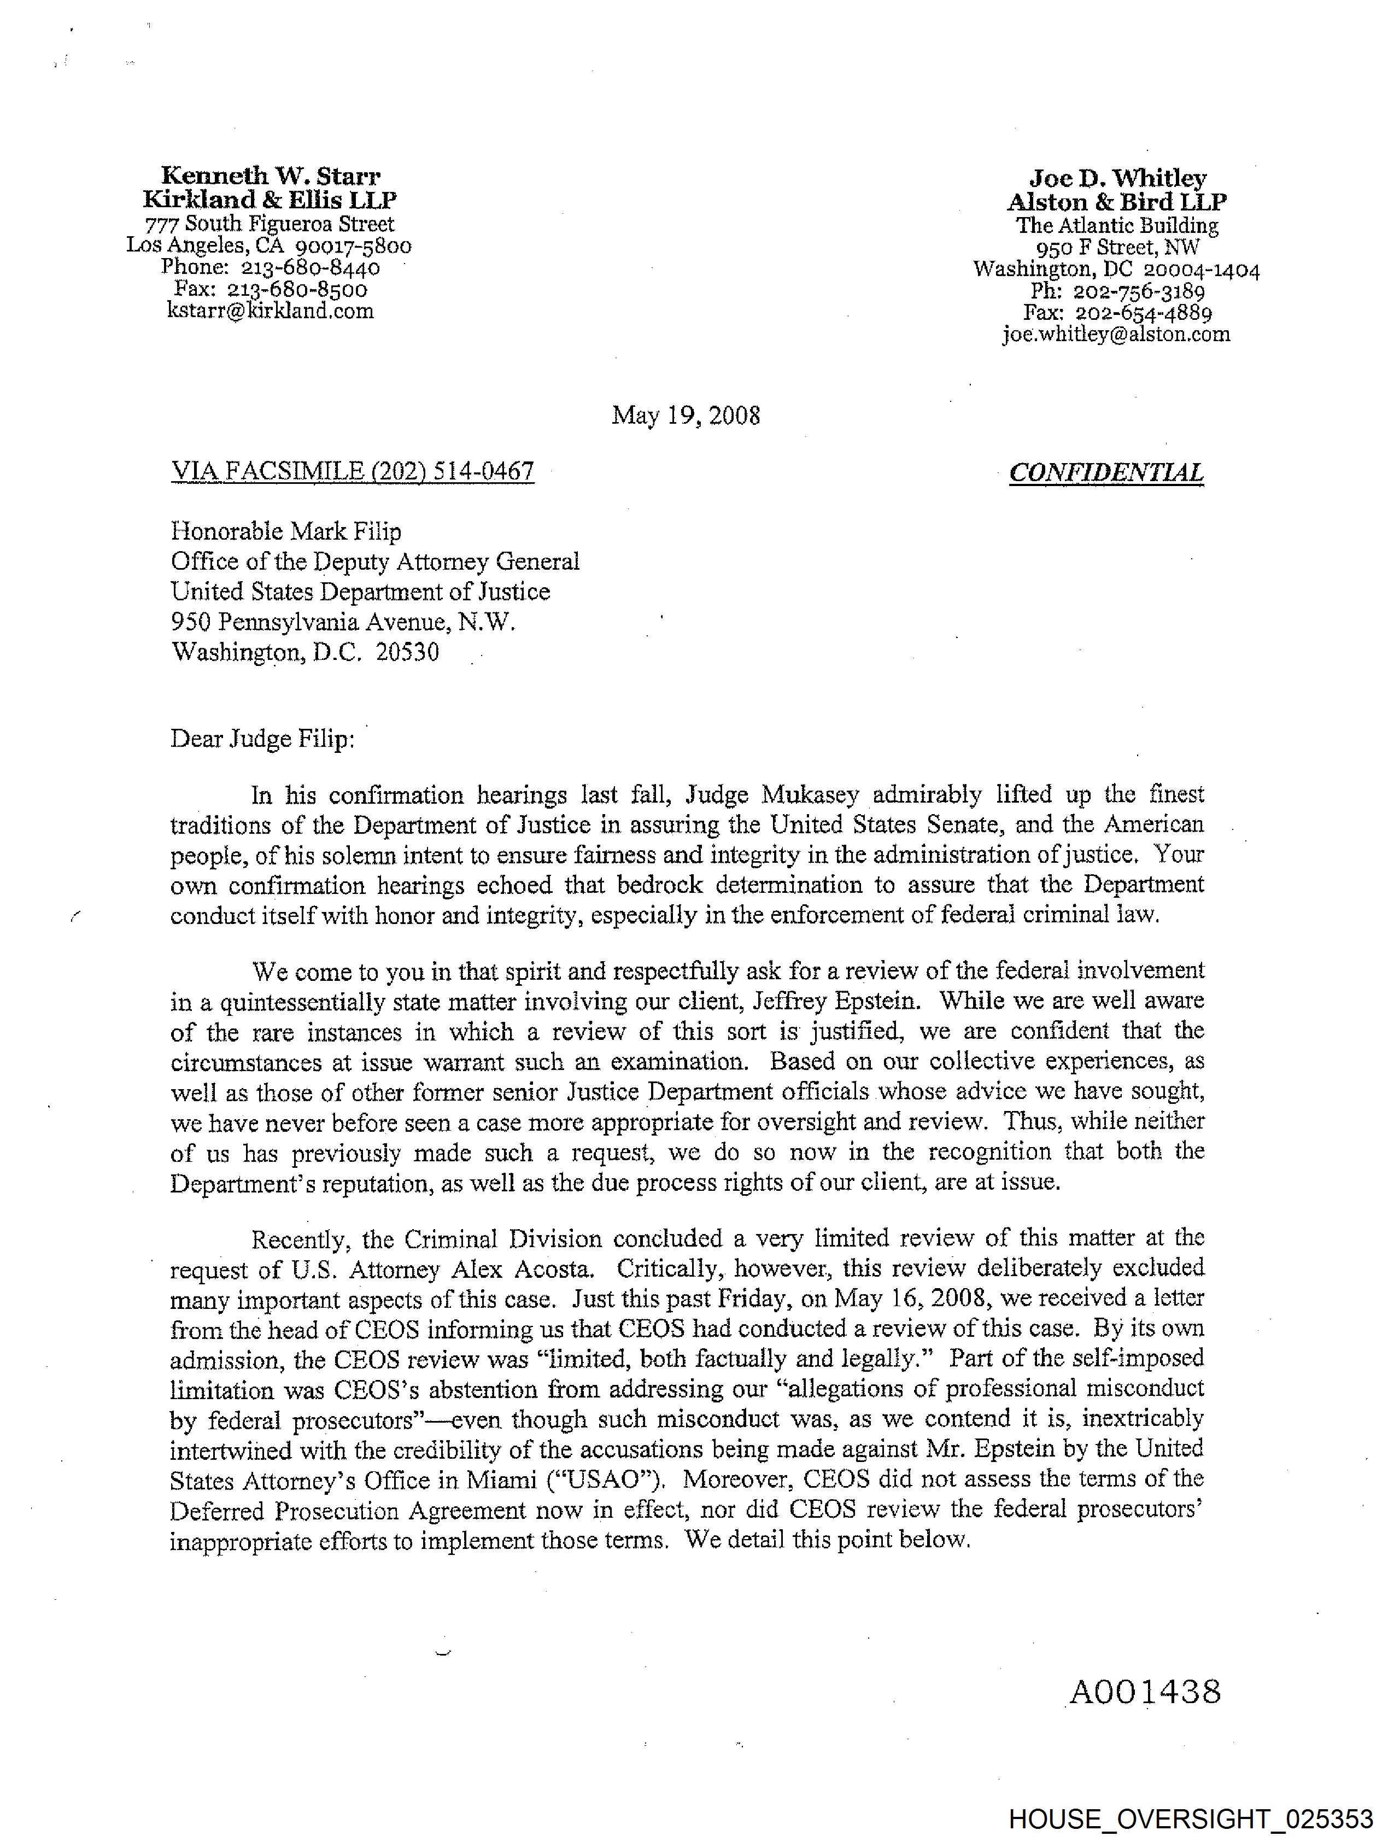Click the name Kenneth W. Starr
pyautogui.click(x=270, y=177)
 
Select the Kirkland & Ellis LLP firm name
pyautogui.click(x=270, y=200)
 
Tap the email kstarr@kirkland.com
pyautogui.click(x=270, y=312)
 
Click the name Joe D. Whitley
pyautogui.click(x=1117, y=178)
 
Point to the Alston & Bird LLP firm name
pyautogui.click(x=1117, y=202)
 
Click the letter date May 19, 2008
pyautogui.click(x=686, y=416)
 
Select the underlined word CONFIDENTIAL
pyautogui.click(x=1106, y=473)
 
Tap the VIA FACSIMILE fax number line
pyautogui.click(x=352, y=471)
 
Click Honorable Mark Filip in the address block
pyautogui.click(x=285, y=531)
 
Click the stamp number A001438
pyautogui.click(x=1145, y=1692)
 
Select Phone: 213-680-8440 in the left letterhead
pyautogui.click(x=270, y=268)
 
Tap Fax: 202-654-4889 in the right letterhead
pyautogui.click(x=1117, y=313)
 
